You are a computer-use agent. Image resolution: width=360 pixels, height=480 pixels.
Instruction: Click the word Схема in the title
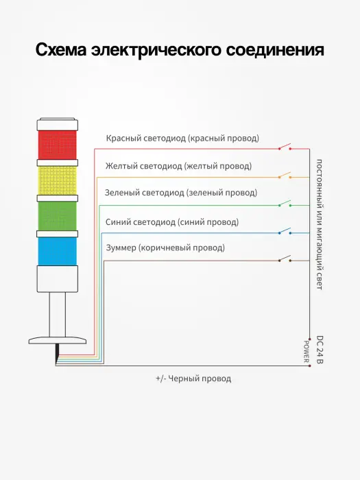61,50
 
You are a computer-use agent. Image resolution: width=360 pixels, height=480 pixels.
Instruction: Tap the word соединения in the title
275,50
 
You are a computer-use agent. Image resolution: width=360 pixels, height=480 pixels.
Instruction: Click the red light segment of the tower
57,145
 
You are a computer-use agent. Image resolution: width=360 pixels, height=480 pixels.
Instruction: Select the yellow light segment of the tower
57,180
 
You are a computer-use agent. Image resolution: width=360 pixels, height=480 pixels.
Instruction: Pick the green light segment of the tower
57,216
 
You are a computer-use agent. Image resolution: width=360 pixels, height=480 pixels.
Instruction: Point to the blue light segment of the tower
57,252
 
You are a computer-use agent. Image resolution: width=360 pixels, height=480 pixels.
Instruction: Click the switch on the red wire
285,147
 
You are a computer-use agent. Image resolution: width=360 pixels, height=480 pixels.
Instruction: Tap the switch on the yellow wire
285,175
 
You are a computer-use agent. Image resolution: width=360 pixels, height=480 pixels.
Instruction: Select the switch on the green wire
285,203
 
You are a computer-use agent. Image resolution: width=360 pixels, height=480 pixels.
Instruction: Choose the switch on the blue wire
285,231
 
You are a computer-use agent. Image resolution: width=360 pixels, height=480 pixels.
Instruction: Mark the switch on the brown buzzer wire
285,259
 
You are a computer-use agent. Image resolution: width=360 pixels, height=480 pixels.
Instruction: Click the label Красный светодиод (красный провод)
182,139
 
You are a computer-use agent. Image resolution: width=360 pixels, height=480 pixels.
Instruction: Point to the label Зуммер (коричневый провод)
165,248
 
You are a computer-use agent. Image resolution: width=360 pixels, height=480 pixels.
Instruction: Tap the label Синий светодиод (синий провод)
172,222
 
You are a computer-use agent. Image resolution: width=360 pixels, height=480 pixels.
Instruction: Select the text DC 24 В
320,350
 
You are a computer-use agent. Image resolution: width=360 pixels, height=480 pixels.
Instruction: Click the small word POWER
306,351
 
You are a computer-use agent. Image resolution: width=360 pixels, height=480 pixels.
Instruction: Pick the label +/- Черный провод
193,379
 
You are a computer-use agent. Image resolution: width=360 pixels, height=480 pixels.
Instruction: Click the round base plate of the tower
57,340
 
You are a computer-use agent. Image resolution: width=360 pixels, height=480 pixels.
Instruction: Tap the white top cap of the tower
57,124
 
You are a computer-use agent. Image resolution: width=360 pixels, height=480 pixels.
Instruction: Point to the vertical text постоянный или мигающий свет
320,224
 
